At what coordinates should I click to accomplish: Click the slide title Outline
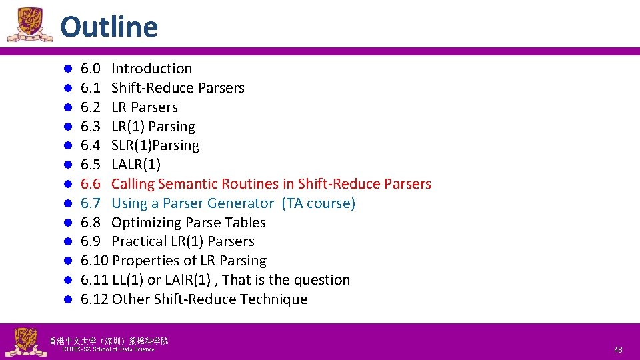(x=109, y=27)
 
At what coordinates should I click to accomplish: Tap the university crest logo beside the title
(x=29, y=25)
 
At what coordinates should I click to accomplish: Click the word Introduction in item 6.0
(x=151, y=69)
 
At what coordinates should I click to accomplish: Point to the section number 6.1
(x=90, y=88)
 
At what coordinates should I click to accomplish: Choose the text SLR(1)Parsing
(x=155, y=145)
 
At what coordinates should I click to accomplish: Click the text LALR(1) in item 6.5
(x=136, y=165)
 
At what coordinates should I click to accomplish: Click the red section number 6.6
(x=90, y=184)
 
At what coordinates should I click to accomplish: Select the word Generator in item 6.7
(x=241, y=203)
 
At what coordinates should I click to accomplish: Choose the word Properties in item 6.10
(x=145, y=261)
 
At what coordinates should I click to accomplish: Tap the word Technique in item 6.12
(x=273, y=299)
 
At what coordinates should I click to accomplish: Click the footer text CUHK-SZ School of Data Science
(x=107, y=349)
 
